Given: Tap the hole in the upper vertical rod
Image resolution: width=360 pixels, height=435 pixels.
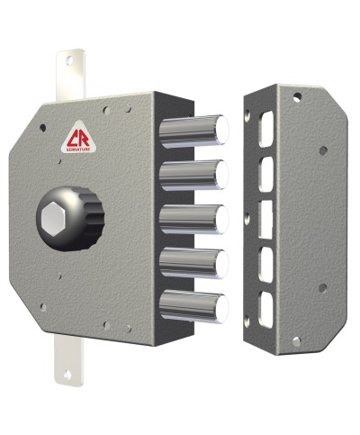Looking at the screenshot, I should [69, 61].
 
